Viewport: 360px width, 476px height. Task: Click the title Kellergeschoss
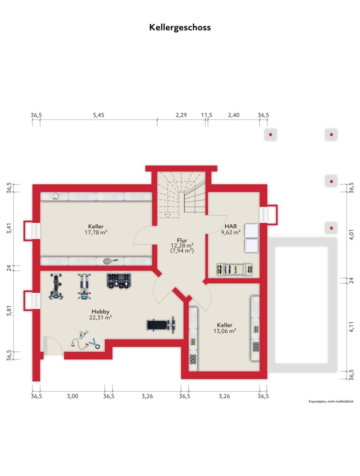180,28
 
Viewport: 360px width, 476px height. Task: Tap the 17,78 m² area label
96,233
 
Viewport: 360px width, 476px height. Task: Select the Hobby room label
100,312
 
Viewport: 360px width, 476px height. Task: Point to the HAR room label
230,226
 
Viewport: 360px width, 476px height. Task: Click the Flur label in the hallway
182,240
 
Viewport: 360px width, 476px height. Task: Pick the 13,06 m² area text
224,331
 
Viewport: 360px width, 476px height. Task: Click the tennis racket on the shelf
110,261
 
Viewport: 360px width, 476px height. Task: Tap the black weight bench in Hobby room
161,325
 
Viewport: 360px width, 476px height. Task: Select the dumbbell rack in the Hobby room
119,280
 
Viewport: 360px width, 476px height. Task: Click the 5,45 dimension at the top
99,115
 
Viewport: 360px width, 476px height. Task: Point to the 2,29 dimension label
181,115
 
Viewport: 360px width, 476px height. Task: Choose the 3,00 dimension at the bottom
72,396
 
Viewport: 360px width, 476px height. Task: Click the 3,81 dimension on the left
9,310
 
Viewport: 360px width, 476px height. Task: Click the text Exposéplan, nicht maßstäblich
331,402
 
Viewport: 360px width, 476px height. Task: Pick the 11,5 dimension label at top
207,115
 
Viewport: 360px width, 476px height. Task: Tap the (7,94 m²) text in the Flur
182,251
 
